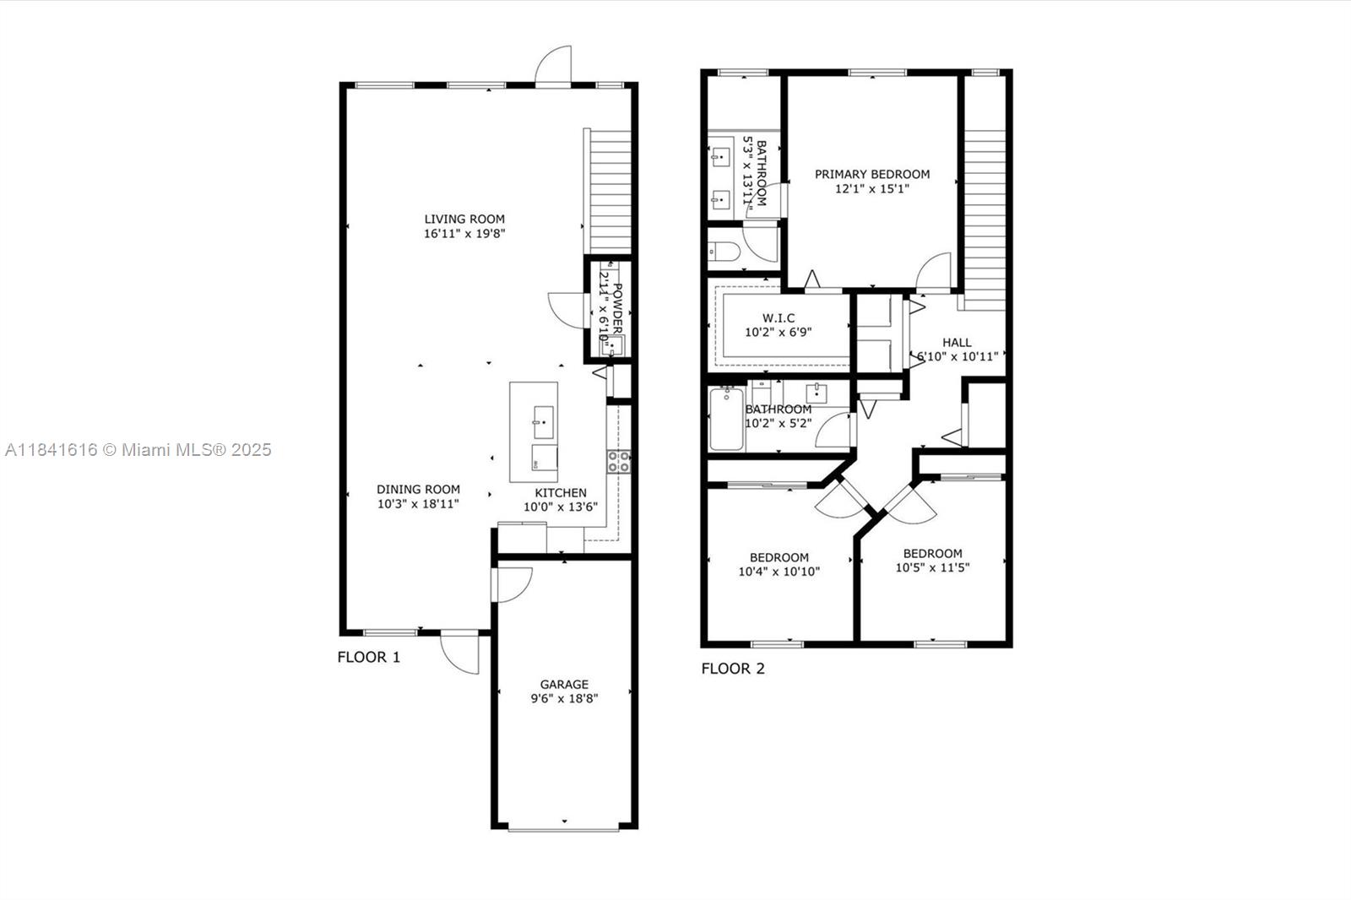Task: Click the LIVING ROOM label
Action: pyautogui.click(x=464, y=219)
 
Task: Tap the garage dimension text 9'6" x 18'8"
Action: pyautogui.click(x=564, y=699)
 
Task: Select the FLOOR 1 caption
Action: pyautogui.click(x=369, y=657)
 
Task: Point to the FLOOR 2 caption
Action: pyautogui.click(x=733, y=669)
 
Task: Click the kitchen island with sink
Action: pyautogui.click(x=534, y=431)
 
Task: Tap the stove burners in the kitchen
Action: pyautogui.click(x=618, y=462)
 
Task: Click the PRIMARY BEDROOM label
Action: pyautogui.click(x=872, y=174)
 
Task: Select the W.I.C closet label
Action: pyautogui.click(x=779, y=318)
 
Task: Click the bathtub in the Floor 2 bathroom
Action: pyautogui.click(x=726, y=419)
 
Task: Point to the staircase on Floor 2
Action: pyautogui.click(x=985, y=220)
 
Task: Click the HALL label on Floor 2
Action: pyautogui.click(x=957, y=342)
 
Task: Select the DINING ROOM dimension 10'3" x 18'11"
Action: pyautogui.click(x=418, y=504)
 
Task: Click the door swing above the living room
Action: pyautogui.click(x=555, y=68)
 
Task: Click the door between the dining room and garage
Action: pyautogui.click(x=513, y=583)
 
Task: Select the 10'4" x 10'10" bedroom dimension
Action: pyautogui.click(x=779, y=572)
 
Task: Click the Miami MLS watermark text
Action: pyautogui.click(x=138, y=450)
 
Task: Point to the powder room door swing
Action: pyautogui.click(x=566, y=310)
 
